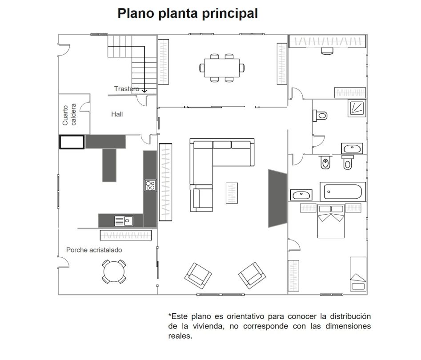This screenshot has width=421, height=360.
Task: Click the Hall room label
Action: [117, 114]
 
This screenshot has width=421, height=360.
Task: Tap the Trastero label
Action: [126, 88]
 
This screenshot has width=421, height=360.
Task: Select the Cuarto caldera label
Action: [69, 115]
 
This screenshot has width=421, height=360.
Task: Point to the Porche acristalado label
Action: [94, 250]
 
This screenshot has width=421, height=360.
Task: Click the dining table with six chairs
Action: [222, 68]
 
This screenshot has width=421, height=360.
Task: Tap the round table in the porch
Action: [114, 272]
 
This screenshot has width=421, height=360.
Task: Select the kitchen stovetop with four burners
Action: [150, 185]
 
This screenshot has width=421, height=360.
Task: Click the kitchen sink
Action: [124, 221]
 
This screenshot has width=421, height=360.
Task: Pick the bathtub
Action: [343, 192]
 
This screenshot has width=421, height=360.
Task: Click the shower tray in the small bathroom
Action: [357, 108]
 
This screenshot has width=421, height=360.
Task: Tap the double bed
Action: [331, 221]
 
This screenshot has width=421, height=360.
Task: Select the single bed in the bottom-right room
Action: [358, 274]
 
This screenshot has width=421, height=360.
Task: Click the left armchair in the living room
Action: [198, 276]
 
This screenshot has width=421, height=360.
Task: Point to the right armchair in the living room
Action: [252, 276]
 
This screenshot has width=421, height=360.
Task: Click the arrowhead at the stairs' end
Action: [144, 91]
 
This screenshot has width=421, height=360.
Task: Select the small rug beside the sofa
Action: [232, 193]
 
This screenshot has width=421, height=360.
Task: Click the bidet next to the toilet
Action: [325, 162]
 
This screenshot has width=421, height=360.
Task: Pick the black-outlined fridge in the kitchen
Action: [72, 142]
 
